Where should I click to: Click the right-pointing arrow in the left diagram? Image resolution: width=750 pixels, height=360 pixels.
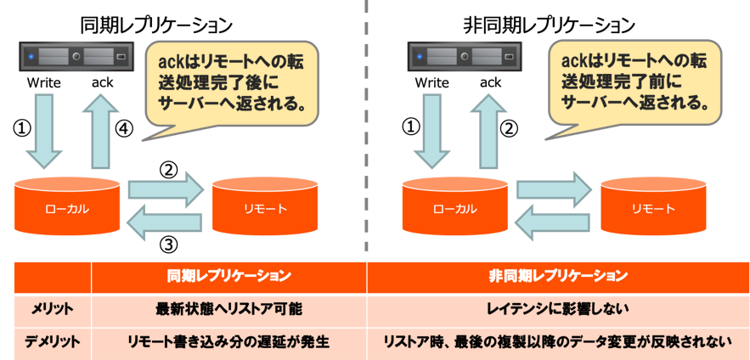point(166,188)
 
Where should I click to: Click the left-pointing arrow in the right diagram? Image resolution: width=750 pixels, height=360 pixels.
point(554,222)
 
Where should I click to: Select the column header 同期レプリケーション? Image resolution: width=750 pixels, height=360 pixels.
point(229,277)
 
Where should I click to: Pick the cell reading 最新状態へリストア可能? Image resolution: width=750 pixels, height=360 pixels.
point(229,309)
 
